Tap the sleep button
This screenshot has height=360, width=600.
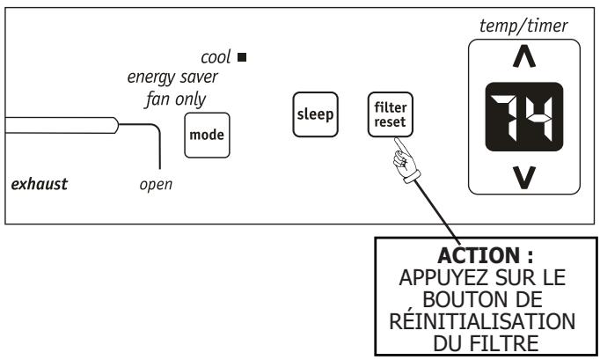315,114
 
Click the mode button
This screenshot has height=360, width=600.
207,136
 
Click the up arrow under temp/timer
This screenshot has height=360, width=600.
524,56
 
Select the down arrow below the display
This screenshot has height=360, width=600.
524,178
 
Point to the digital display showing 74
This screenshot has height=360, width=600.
524,117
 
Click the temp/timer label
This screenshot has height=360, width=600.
523,26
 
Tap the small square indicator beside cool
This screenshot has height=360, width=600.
242,57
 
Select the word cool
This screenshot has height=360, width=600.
216,57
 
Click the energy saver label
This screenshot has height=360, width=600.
172,77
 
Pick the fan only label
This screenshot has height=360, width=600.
176,99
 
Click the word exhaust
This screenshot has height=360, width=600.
40,184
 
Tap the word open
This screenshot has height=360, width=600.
156,185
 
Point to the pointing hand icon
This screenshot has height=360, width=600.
406,160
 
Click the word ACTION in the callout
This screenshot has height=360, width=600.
479,255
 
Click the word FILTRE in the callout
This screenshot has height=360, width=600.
504,343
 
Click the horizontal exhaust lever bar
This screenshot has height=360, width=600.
62,125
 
